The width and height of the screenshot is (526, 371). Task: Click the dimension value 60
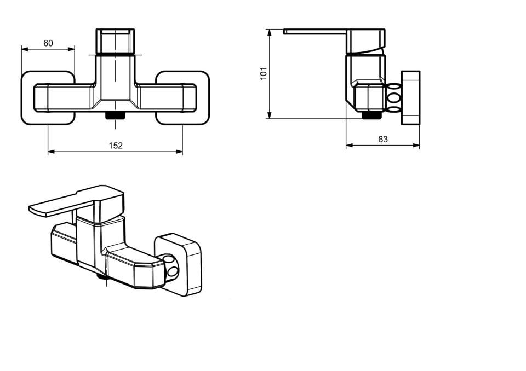click(x=48, y=43)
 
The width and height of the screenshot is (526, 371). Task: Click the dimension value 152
click(x=116, y=146)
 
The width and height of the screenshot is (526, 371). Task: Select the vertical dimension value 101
click(x=264, y=73)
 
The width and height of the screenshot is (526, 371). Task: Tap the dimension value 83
click(x=383, y=139)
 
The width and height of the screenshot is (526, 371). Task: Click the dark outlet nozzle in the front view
click(x=115, y=115)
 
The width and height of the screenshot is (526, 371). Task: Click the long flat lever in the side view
click(x=316, y=32)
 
